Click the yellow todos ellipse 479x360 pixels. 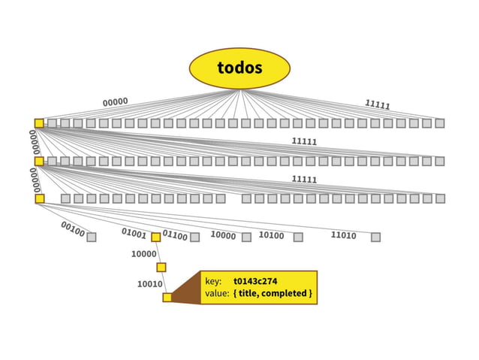click(x=239, y=68)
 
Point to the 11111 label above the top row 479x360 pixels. click(x=377, y=105)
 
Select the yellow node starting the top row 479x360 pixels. click(x=39, y=123)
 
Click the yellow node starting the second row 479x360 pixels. click(x=39, y=161)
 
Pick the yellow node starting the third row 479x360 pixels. click(x=40, y=198)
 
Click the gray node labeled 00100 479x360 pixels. click(x=92, y=237)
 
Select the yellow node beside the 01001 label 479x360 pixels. click(x=155, y=237)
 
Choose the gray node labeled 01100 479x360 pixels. click(x=194, y=237)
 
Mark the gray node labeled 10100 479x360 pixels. click(x=298, y=237)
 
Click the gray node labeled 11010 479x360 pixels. click(x=375, y=237)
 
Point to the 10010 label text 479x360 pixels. click(x=149, y=284)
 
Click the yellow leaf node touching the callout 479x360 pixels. click(x=167, y=297)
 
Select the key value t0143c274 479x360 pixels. click(x=255, y=282)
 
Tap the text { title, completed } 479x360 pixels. click(x=273, y=292)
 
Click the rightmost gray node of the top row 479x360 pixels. click(x=440, y=123)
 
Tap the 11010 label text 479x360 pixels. click(x=343, y=235)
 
